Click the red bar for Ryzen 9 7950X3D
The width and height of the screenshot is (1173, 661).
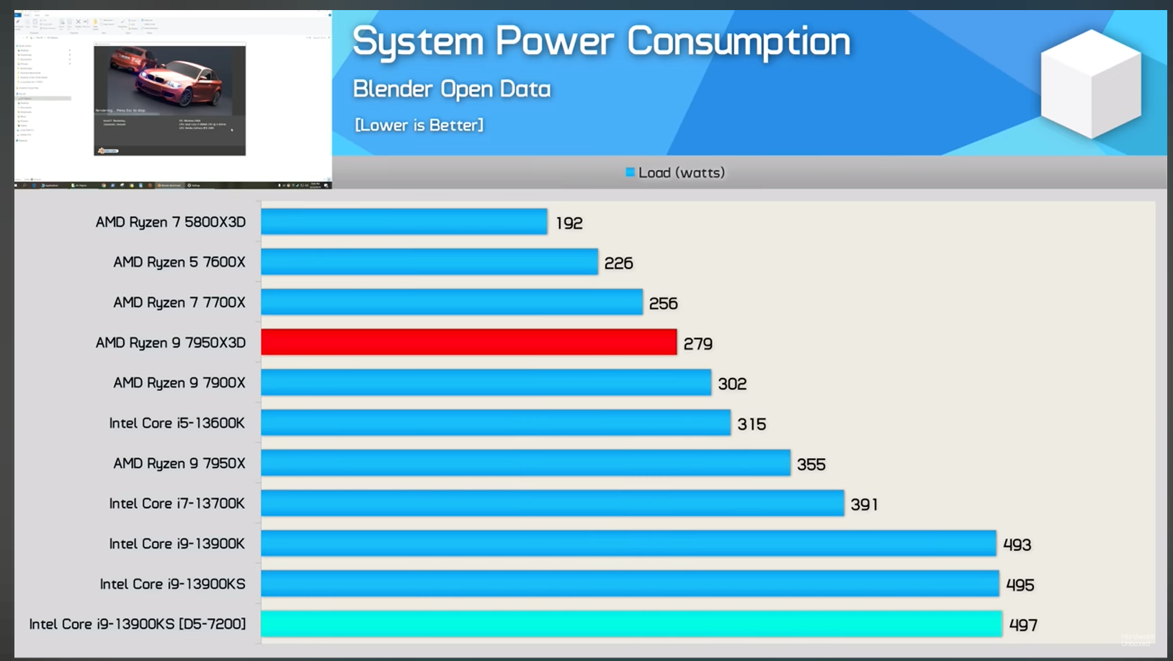coord(468,342)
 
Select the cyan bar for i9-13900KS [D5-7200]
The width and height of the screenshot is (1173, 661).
coord(631,624)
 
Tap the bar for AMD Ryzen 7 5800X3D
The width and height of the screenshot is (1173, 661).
coord(403,222)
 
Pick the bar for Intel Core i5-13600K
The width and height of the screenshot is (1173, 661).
coord(496,423)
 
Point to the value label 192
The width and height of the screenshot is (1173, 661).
coord(569,223)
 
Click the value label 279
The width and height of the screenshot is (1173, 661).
coord(697,344)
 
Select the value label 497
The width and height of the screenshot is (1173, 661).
coord(1023,625)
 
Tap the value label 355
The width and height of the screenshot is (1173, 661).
coord(811,464)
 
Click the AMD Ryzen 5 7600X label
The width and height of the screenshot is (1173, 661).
coord(179,262)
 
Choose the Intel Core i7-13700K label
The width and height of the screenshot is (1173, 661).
coord(177,503)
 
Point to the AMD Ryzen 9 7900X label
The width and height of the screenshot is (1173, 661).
coord(179,382)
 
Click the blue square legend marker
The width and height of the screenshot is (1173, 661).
coord(630,172)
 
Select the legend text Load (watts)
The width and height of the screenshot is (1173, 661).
coord(682,173)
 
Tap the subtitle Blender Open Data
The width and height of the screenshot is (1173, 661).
coord(452,89)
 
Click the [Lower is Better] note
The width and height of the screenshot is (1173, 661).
coord(419,125)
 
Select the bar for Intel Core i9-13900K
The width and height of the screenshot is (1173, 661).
coord(628,543)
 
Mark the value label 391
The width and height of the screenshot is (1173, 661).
coord(864,505)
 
